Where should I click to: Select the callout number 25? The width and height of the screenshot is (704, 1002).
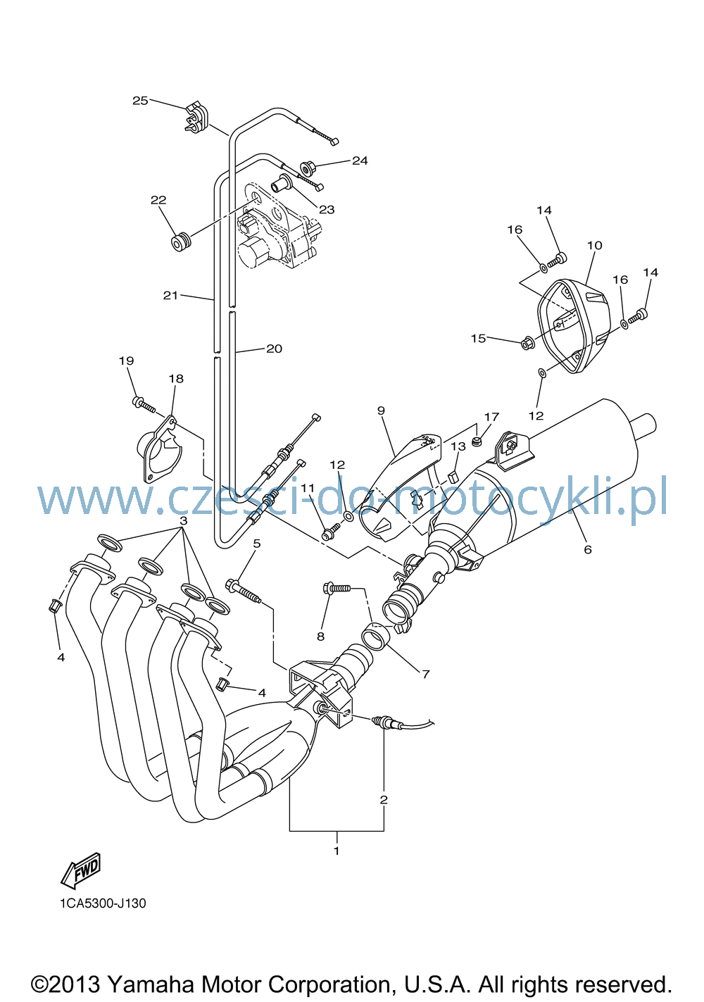(x=140, y=101)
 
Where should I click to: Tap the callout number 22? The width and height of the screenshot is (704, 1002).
(x=158, y=200)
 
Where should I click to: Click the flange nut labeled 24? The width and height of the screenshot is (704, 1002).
(x=308, y=168)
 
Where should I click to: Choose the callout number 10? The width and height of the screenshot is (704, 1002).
(x=595, y=245)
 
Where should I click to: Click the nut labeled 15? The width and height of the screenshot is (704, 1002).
(x=528, y=344)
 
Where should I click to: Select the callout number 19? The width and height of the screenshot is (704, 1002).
(x=127, y=361)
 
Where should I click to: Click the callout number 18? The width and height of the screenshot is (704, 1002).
(x=176, y=379)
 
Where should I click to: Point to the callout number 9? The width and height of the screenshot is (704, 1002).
(x=381, y=411)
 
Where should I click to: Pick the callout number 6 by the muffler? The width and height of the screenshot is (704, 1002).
(x=588, y=550)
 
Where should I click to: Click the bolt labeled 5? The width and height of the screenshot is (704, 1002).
(x=246, y=591)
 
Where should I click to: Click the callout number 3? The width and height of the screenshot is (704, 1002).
(x=183, y=521)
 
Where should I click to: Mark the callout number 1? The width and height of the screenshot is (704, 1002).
(x=337, y=851)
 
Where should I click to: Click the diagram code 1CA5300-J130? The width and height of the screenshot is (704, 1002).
(x=103, y=904)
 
